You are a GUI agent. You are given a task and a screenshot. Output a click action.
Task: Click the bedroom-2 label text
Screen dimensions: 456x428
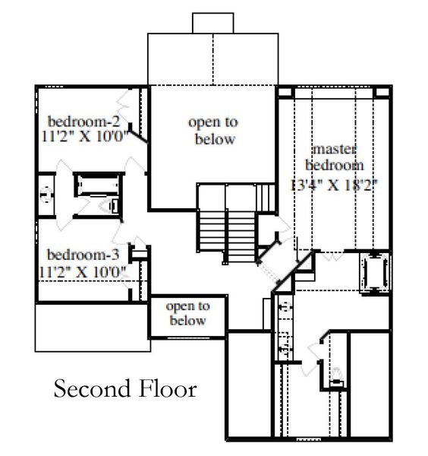click(83, 122)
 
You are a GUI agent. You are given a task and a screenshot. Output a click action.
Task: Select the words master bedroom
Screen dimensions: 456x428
click(334, 157)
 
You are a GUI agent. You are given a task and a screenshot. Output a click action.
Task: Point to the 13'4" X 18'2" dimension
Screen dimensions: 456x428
click(334, 183)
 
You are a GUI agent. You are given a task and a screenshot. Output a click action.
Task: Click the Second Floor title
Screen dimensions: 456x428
click(125, 390)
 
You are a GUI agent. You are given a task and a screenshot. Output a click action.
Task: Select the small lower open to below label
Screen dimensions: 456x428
click(187, 314)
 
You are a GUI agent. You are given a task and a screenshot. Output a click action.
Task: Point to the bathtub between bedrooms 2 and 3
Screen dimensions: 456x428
click(92, 186)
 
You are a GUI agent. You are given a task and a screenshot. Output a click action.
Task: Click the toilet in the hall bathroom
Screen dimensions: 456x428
click(113, 203)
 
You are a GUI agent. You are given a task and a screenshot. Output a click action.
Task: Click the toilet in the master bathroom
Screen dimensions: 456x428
click(336, 374)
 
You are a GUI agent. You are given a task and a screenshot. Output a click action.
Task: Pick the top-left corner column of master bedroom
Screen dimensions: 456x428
click(285, 93)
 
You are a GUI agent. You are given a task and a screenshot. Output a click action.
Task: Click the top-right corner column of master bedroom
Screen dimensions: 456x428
click(385, 93)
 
